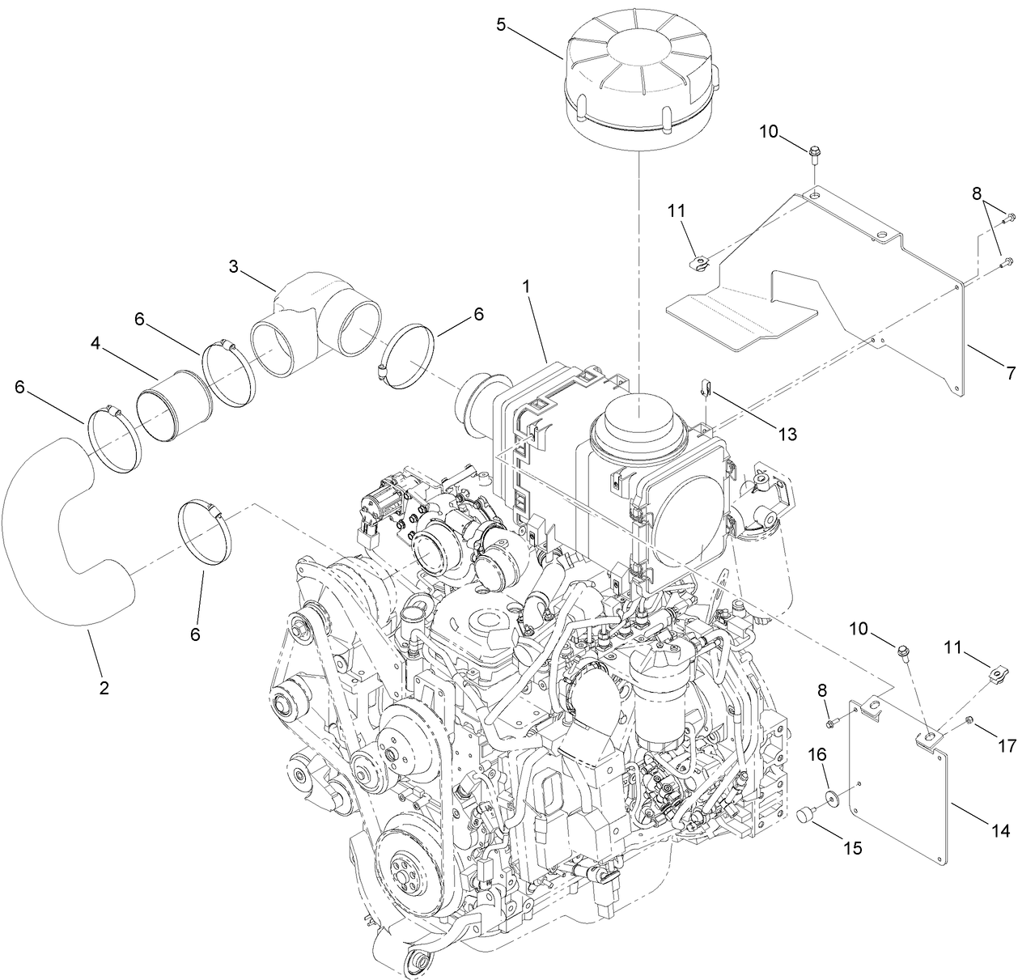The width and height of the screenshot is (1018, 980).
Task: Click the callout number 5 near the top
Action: [501, 24]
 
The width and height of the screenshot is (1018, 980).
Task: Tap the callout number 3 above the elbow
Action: [233, 266]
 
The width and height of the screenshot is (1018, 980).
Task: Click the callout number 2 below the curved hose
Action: [104, 688]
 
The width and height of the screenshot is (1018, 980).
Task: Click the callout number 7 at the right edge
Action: [1010, 373]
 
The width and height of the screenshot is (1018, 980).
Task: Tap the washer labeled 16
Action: [831, 800]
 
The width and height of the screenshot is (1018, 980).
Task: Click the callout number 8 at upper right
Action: [978, 193]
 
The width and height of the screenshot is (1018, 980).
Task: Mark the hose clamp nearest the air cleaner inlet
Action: [409, 356]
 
